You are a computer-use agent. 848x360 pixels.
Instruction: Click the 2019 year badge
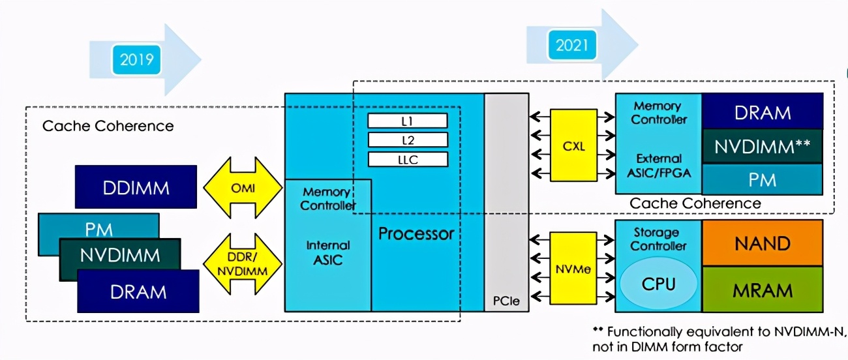coord(136,60)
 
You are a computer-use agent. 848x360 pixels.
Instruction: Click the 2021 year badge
coord(571,45)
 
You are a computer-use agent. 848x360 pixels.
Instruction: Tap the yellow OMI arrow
coord(243,188)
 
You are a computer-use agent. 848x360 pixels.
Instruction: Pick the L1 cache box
coord(408,121)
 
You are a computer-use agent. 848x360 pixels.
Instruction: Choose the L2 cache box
coord(408,140)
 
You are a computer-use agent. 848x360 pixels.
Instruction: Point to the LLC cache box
coord(408,159)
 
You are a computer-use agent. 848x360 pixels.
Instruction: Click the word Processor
coord(416,233)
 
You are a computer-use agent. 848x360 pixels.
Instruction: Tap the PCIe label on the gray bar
coord(506,302)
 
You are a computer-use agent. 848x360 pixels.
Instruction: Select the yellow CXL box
coord(573,145)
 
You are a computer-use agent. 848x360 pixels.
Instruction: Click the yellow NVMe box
coord(573,268)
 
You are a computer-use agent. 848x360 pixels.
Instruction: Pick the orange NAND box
coord(762,243)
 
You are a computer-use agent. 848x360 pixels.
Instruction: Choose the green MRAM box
coord(762,290)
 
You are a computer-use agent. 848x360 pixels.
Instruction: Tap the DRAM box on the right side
coord(762,112)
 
